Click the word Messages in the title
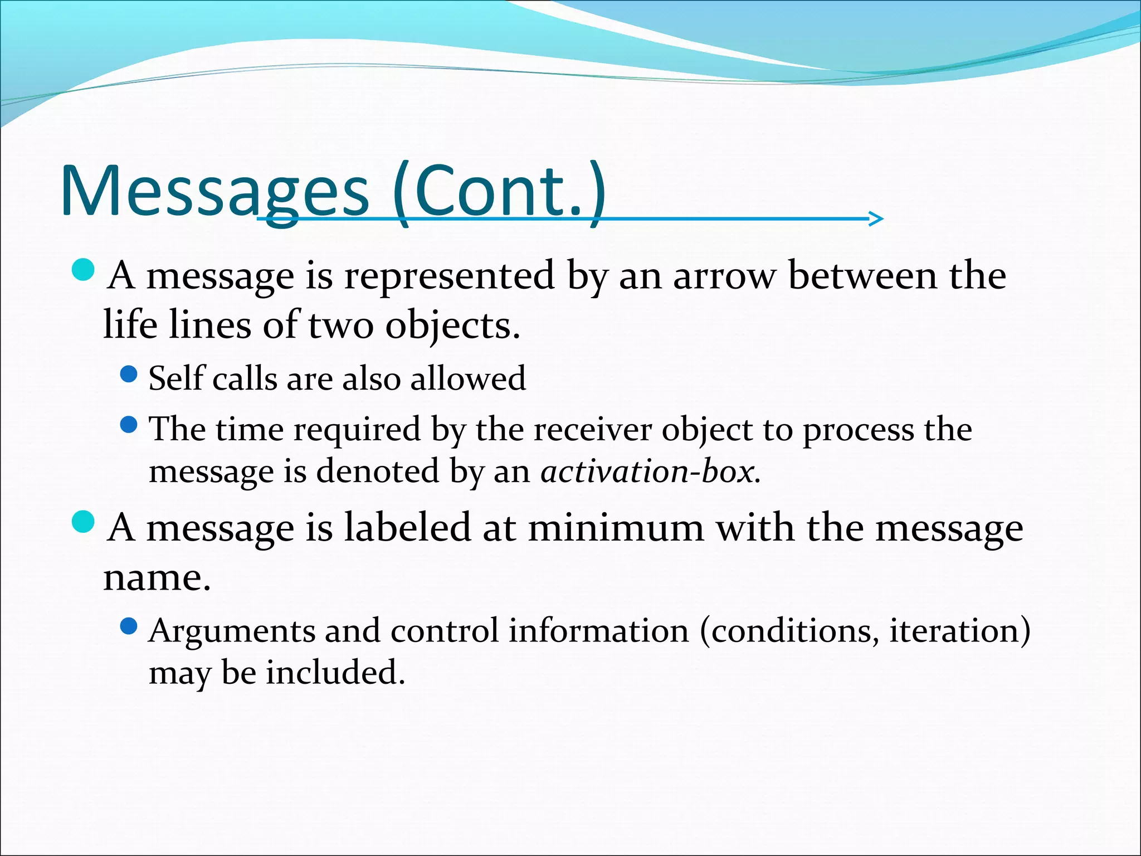(214, 191)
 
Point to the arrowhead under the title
(876, 218)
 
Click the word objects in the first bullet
(452, 325)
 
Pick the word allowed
(468, 378)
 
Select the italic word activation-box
(649, 472)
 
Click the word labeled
(407, 528)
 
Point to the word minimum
(616, 528)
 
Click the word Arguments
(231, 631)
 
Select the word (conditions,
(789, 631)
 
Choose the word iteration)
(959, 631)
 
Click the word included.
(335, 673)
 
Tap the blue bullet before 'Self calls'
(129, 374)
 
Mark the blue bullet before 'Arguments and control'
(129, 627)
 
